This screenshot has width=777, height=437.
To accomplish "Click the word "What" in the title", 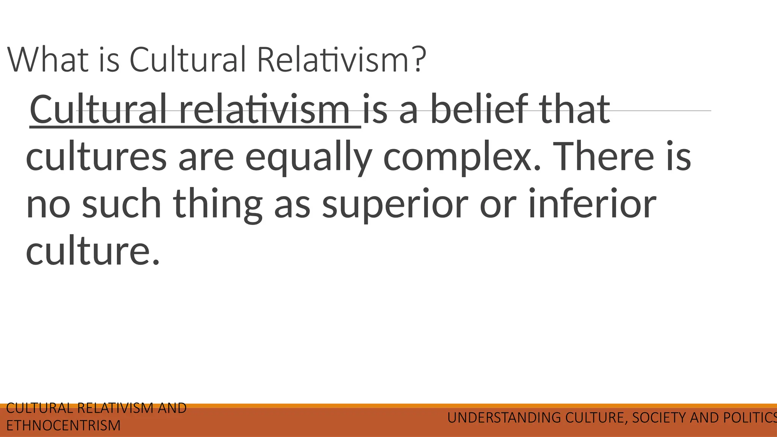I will pos(48,60).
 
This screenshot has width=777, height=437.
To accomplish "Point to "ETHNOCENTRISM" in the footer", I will pos(63,426).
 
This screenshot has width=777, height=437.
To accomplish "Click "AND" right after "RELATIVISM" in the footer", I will pos(172,408).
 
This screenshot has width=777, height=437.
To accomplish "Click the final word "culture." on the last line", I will pos(93,251).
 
